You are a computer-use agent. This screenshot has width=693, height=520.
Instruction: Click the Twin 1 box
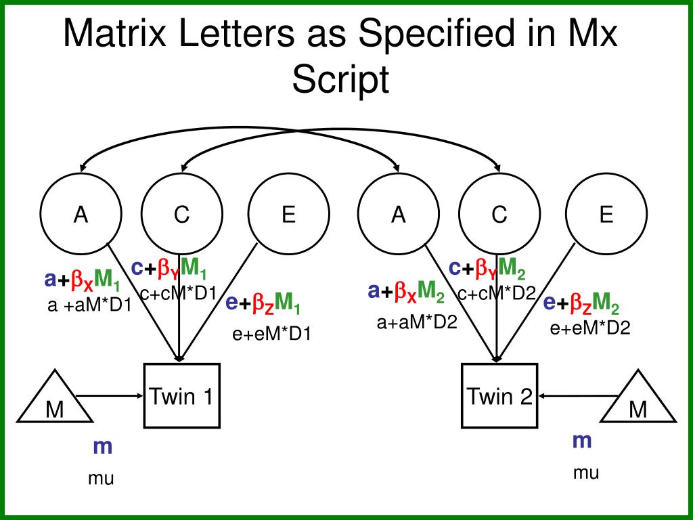(181, 396)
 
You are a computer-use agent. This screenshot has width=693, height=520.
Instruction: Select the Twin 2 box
(499, 396)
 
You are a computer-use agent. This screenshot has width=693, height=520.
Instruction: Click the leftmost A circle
(81, 215)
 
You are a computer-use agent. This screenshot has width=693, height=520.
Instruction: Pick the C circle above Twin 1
(181, 215)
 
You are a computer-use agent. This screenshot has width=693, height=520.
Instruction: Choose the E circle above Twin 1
(289, 215)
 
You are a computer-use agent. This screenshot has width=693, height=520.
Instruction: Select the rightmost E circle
(606, 215)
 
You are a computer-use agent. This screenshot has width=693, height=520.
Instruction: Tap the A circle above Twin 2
(399, 215)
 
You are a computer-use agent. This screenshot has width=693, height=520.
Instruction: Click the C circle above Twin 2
(499, 215)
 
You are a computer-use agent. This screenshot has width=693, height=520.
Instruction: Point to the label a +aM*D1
(89, 305)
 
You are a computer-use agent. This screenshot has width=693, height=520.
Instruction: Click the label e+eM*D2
(590, 328)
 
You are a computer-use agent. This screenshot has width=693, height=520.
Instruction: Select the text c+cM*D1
(178, 293)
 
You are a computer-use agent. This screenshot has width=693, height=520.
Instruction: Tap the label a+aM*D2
(418, 322)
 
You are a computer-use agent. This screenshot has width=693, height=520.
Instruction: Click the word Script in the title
(340, 80)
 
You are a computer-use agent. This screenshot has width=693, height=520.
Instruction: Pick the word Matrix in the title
(111, 34)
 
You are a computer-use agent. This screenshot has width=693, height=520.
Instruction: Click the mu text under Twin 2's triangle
(586, 473)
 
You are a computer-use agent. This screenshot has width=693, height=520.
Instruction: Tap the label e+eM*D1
(271, 333)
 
